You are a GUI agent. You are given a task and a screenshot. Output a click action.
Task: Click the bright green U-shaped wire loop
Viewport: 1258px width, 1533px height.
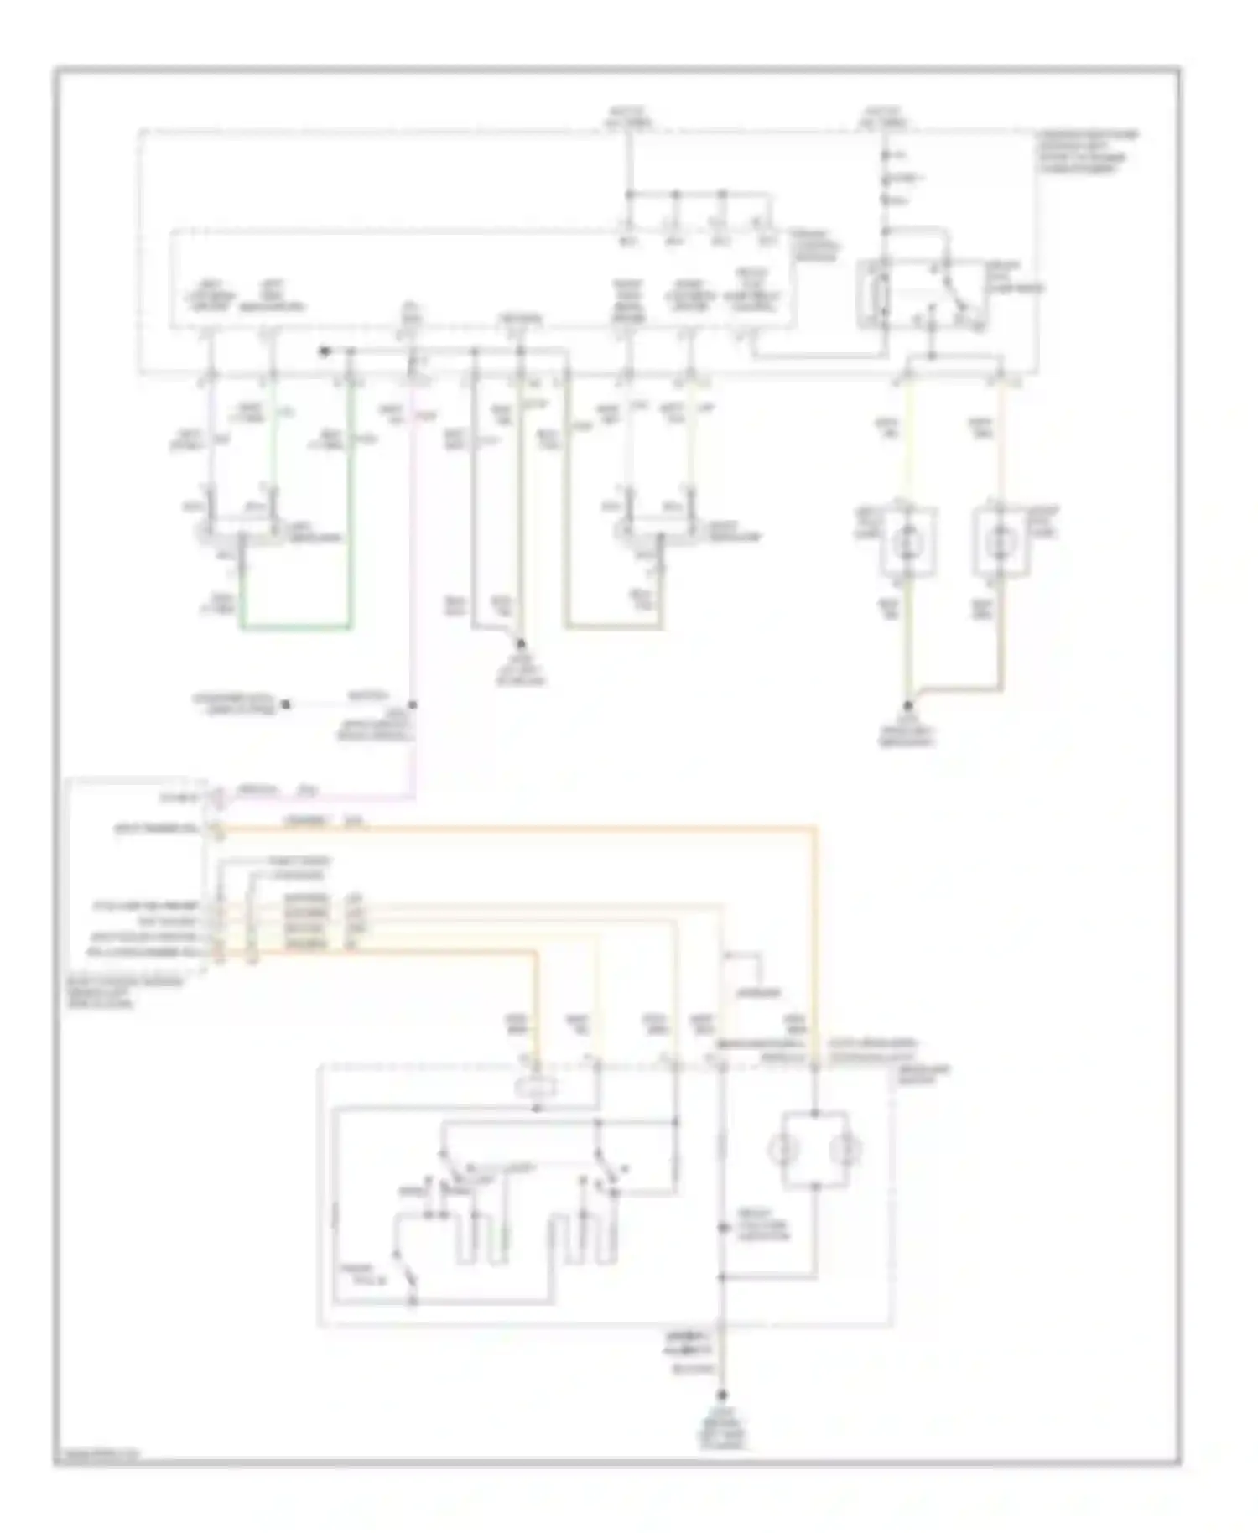(295, 626)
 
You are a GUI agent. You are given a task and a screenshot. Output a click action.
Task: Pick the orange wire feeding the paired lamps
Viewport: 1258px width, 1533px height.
(814, 922)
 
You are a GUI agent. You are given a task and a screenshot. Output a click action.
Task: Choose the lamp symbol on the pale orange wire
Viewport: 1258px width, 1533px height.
(998, 543)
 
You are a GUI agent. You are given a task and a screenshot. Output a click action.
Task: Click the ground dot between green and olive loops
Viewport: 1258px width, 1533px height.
(521, 644)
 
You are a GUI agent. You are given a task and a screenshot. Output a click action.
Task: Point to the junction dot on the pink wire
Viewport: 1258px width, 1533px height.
(413, 705)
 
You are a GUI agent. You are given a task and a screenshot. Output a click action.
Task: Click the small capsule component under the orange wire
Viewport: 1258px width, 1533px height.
(537, 1088)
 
